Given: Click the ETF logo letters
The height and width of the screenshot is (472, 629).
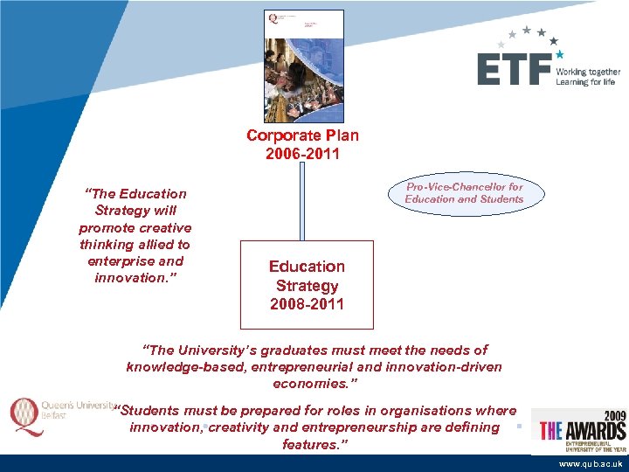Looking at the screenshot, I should (514, 69).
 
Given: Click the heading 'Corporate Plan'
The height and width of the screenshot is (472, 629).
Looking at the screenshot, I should (302, 135).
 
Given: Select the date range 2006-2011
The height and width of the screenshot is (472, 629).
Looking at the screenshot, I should (302, 155).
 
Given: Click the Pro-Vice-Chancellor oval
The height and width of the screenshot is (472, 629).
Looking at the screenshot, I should (464, 193).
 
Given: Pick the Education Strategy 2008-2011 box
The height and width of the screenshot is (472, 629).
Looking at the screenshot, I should (307, 285).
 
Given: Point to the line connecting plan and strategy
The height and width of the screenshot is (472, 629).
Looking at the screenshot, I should (302, 201).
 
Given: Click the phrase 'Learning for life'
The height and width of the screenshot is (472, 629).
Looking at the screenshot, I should (585, 82).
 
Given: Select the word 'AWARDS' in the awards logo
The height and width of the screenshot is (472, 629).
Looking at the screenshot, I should (595, 431).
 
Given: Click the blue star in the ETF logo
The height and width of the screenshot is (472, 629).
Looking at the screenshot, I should (559, 54).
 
